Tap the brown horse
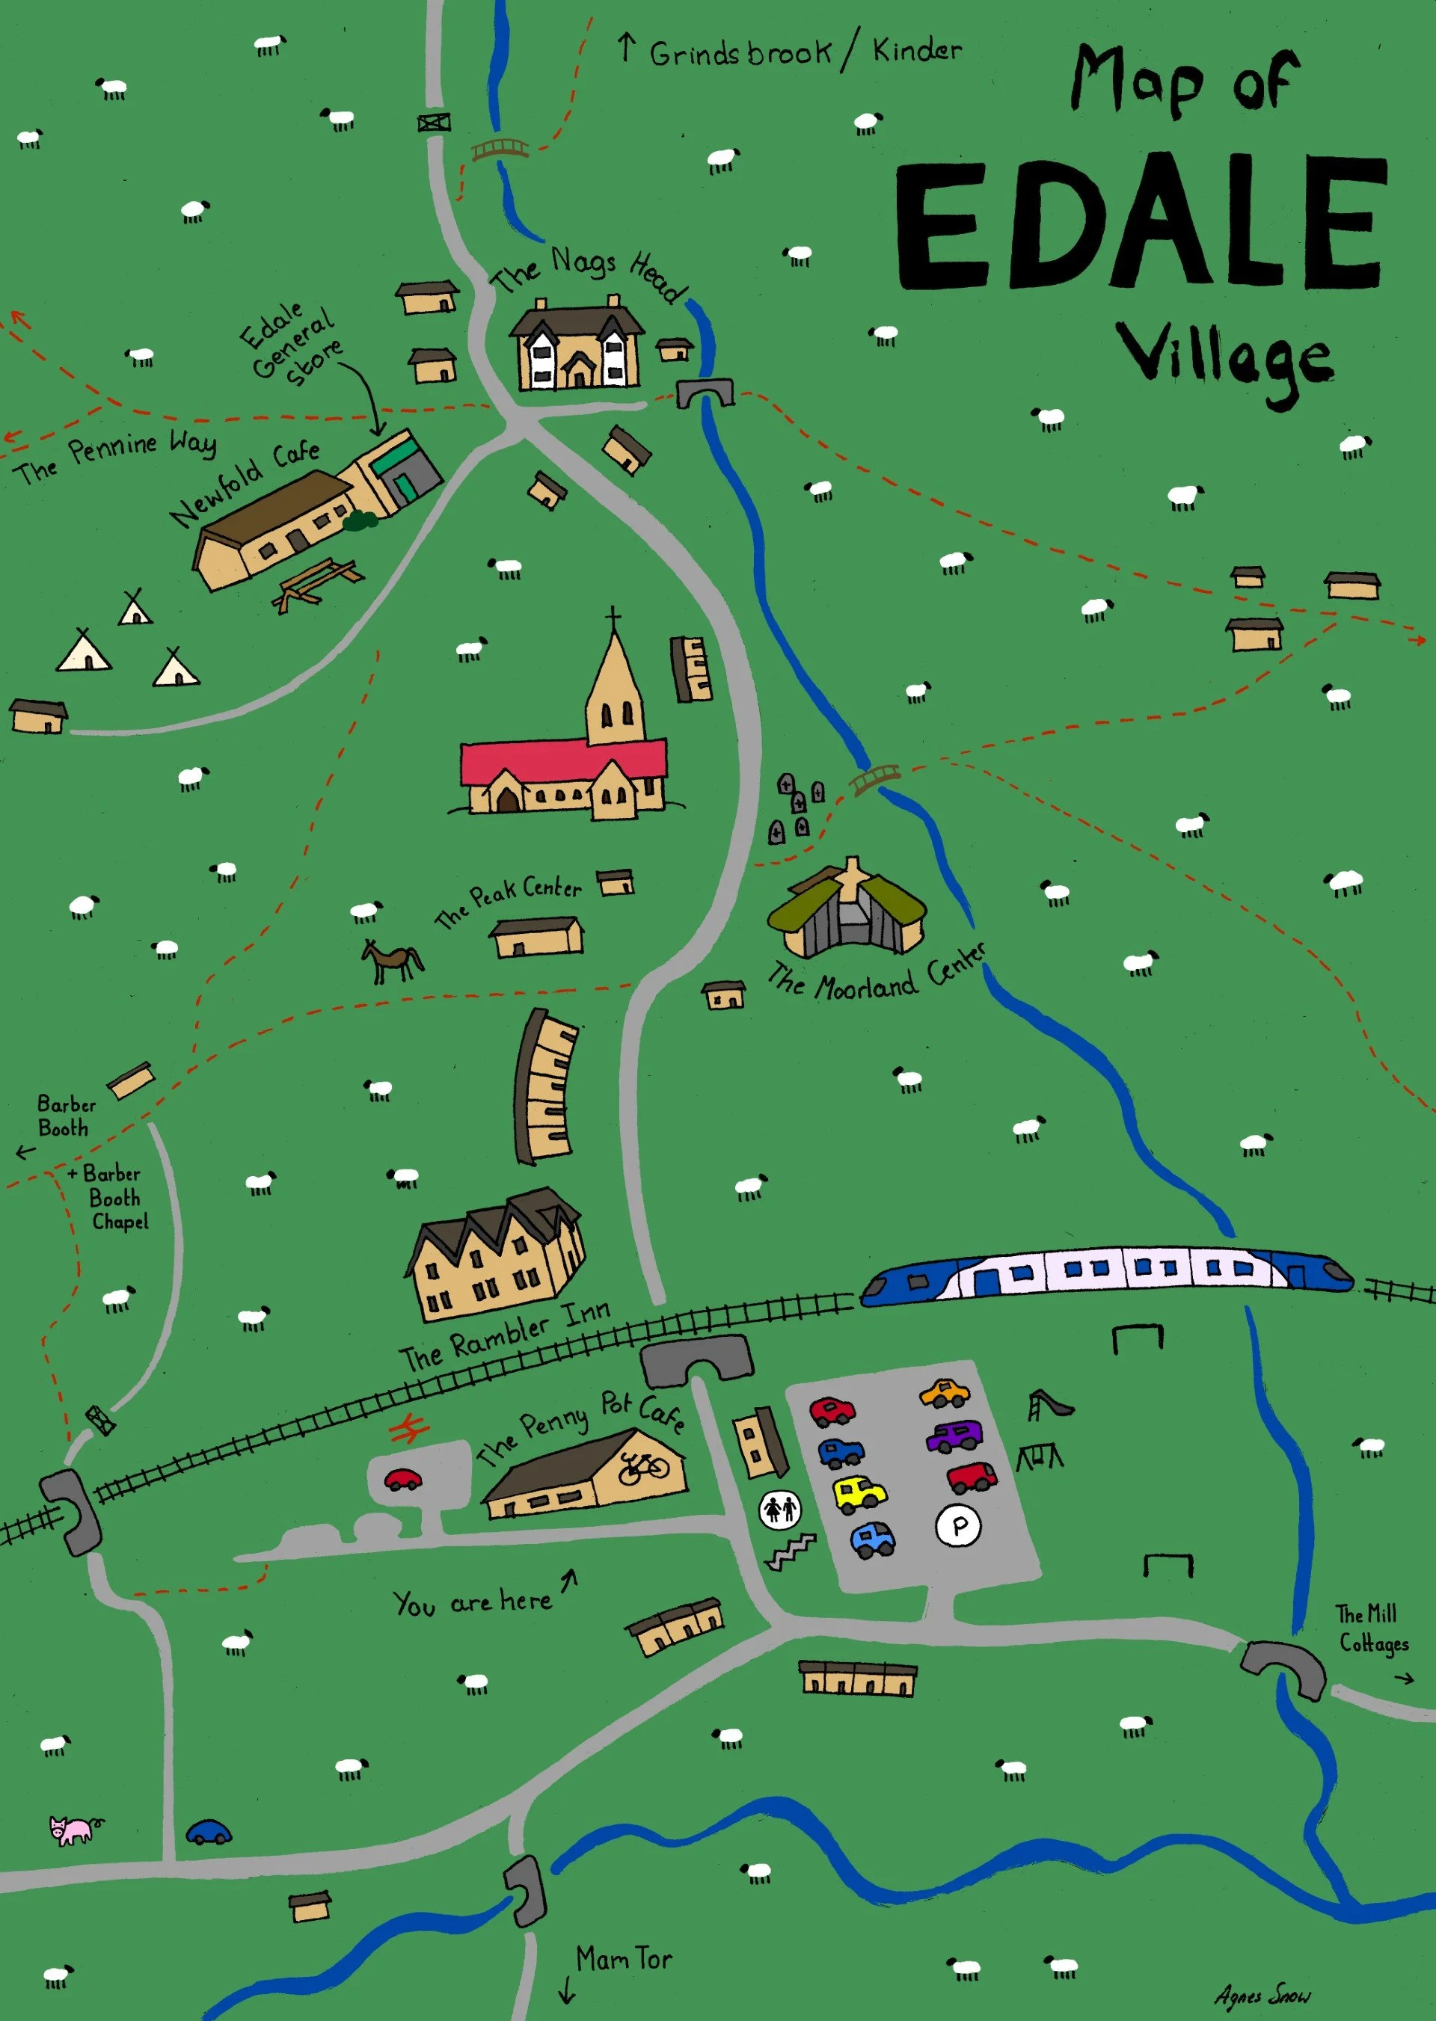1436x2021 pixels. point(393,960)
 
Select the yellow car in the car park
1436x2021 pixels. point(859,1493)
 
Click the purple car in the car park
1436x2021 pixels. point(953,1436)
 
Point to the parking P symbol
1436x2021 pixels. point(957,1527)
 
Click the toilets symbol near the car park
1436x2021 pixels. point(780,1508)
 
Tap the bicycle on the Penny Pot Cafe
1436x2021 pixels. point(644,1468)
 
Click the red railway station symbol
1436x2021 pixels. point(409,1429)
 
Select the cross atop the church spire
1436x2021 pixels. point(613,616)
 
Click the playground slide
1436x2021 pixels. point(1049,1404)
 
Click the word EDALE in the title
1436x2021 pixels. point(1141,226)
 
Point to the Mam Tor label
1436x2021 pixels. point(623,1959)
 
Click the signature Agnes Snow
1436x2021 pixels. point(1262,1996)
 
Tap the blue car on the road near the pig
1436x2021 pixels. point(209,1833)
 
